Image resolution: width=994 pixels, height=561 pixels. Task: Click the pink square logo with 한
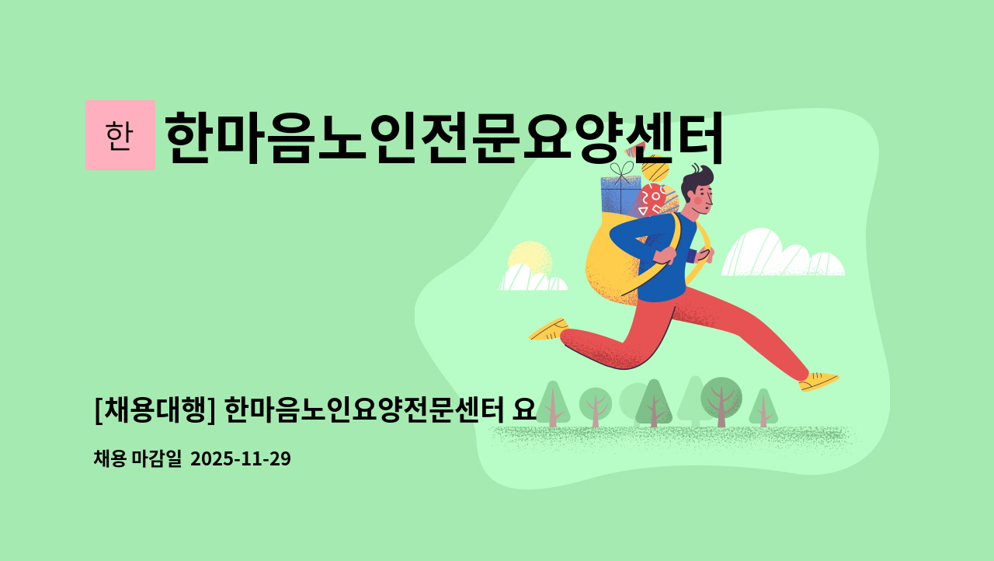click(120, 135)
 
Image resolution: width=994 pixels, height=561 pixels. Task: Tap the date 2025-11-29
click(240, 458)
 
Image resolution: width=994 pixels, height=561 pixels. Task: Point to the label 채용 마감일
click(137, 458)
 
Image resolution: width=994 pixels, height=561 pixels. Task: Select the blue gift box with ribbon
click(620, 194)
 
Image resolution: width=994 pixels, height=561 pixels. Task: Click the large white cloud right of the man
click(780, 255)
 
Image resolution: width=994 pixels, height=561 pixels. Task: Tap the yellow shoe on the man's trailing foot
click(549, 329)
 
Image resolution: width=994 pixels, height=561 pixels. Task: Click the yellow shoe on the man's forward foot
click(818, 381)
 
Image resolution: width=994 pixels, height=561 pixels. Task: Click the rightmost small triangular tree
click(763, 408)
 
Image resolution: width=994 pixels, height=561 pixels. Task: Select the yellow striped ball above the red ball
click(655, 167)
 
